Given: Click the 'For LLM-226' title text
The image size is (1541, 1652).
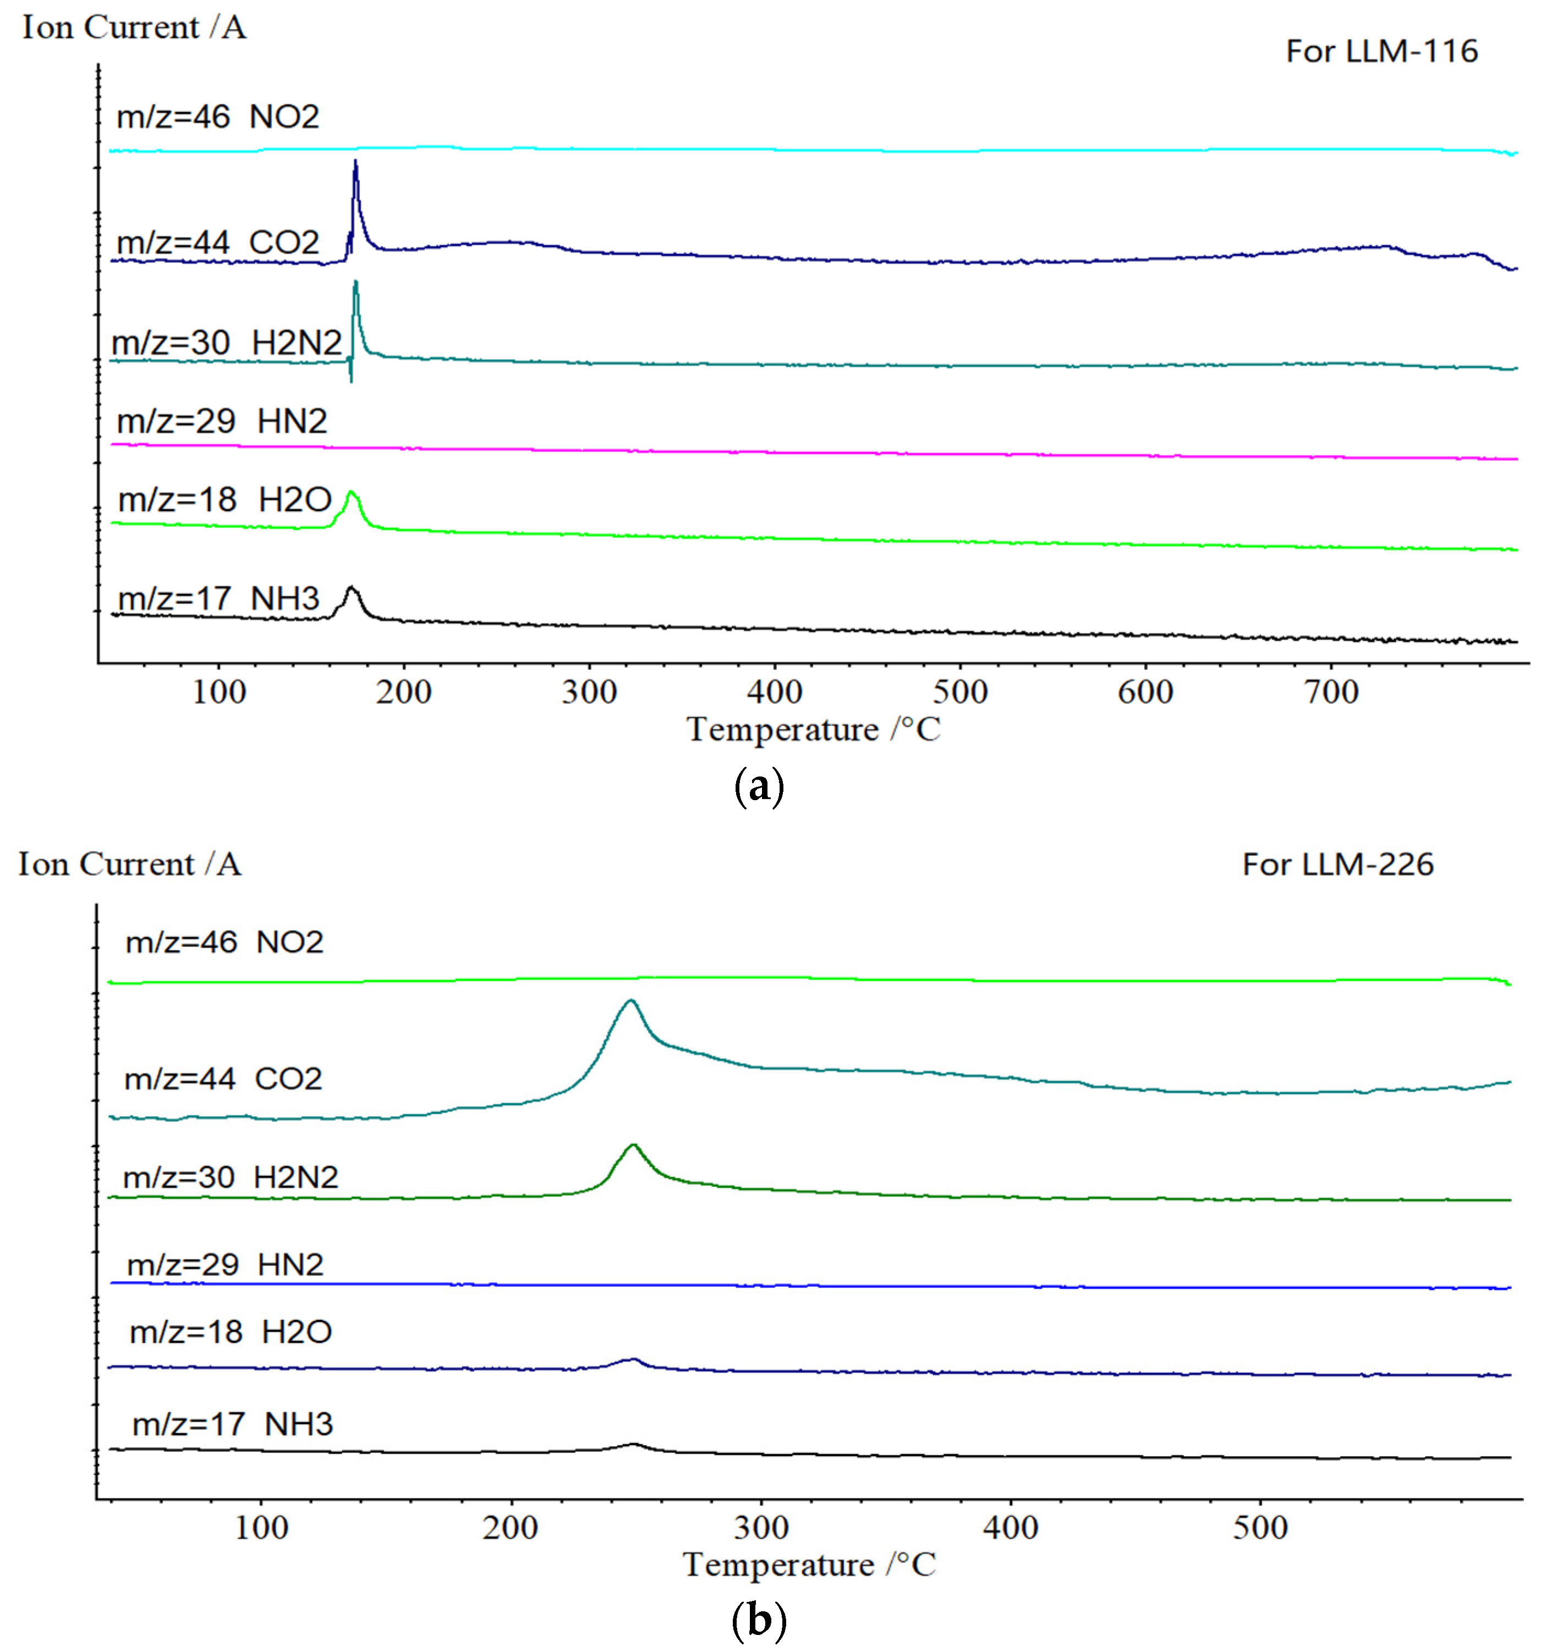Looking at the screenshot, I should (1337, 865).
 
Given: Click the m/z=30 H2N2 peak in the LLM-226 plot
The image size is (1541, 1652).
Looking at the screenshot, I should (633, 1147).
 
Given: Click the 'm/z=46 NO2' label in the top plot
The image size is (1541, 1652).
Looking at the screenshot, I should (218, 117).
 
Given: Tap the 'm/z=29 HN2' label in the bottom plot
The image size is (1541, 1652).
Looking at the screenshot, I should (224, 1265).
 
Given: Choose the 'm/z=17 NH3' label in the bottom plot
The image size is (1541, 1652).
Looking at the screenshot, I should (233, 1424).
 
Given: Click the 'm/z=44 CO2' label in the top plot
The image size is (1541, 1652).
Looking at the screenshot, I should (218, 243).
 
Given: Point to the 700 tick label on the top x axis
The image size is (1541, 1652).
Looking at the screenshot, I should (1331, 692).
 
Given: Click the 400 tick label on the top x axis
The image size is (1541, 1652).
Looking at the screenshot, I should (775, 692).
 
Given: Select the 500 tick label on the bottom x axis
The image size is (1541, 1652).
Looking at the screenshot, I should (1260, 1527).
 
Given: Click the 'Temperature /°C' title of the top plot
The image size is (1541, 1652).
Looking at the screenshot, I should (813, 730).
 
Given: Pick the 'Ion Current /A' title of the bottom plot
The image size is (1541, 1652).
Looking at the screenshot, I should (130, 865).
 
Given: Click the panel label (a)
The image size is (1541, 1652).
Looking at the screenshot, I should (759, 786).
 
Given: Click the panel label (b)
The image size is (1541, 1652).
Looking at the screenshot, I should (759, 1621).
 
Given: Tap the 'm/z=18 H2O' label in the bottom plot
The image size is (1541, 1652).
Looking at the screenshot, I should (230, 1332).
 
